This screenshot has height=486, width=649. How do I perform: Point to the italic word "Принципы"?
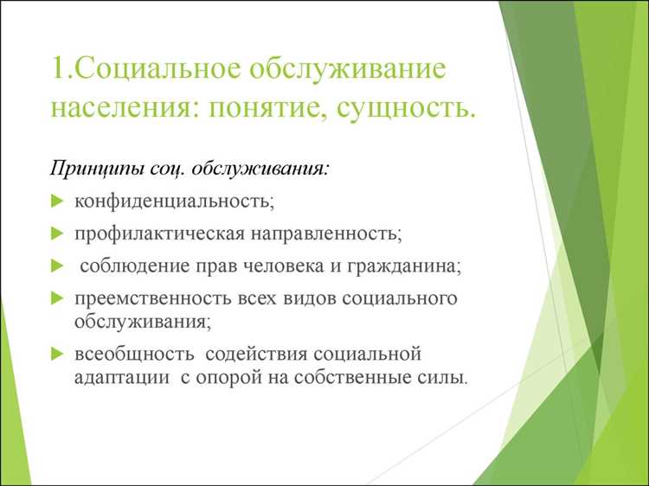(94, 167)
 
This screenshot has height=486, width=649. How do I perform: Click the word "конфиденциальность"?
(173, 201)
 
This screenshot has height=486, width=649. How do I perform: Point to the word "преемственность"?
(152, 298)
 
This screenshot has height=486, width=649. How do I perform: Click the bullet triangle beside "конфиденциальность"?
(57, 201)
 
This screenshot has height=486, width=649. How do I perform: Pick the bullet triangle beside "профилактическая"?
(57, 233)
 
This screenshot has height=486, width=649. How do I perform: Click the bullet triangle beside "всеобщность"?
(57, 354)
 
